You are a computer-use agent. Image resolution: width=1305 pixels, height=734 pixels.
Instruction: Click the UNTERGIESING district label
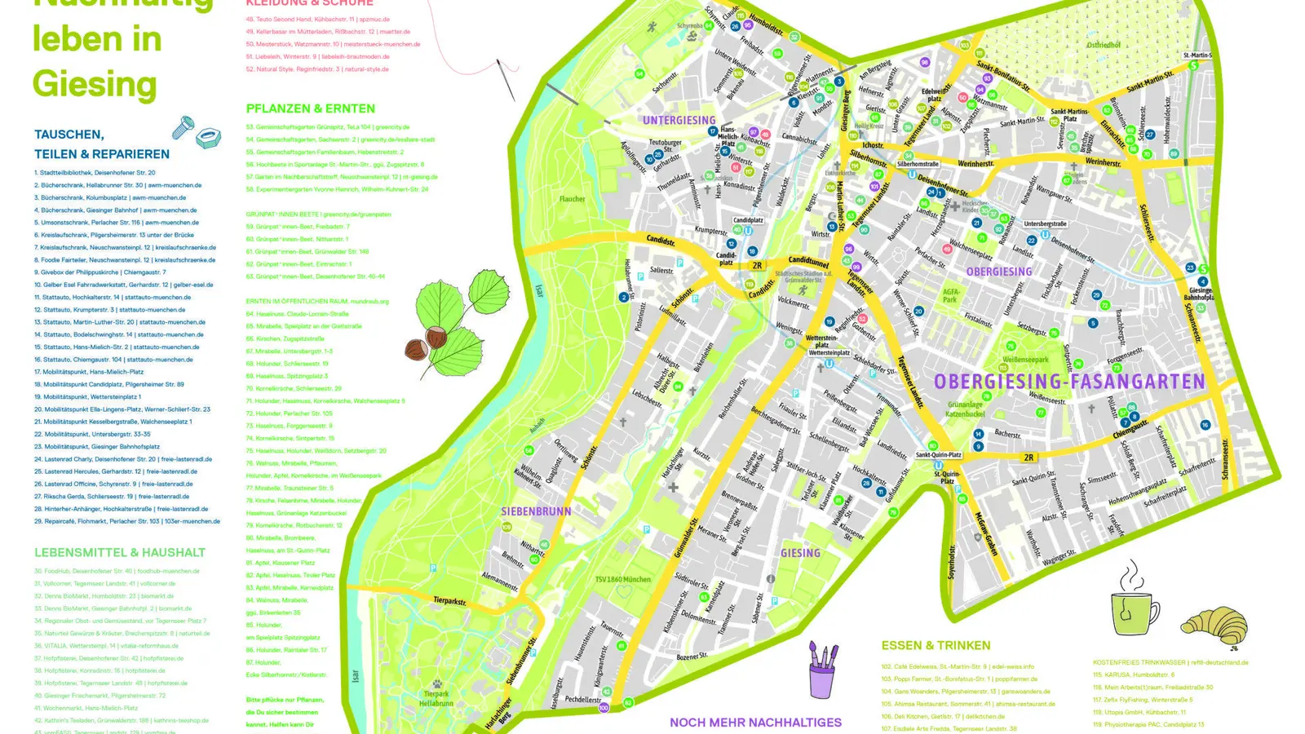click(679, 121)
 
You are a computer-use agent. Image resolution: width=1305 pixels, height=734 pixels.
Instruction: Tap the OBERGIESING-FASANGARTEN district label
click(1068, 382)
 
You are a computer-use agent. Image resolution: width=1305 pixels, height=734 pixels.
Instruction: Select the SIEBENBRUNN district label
click(536, 511)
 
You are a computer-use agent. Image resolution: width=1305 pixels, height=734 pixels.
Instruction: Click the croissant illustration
click(1214, 624)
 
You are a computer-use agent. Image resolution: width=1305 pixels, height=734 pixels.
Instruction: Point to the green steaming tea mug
click(1134, 608)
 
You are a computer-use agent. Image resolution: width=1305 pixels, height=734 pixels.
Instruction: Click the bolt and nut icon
click(197, 131)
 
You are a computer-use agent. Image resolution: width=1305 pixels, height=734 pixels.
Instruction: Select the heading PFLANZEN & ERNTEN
click(311, 108)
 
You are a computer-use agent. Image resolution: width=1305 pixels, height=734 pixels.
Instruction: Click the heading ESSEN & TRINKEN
click(936, 645)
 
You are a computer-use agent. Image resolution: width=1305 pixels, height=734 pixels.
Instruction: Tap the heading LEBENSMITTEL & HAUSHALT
click(120, 552)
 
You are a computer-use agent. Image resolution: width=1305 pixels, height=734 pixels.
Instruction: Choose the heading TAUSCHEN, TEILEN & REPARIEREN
click(101, 144)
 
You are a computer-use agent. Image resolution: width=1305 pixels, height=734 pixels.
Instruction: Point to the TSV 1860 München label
click(622, 579)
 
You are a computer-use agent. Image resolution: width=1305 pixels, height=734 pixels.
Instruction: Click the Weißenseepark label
click(1025, 360)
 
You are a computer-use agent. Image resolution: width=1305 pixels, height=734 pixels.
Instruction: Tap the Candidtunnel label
click(807, 262)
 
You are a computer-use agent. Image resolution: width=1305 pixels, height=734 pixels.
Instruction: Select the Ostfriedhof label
click(1103, 46)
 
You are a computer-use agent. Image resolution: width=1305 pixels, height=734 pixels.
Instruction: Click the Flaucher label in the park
click(572, 199)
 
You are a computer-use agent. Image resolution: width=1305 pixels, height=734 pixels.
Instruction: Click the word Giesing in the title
click(95, 84)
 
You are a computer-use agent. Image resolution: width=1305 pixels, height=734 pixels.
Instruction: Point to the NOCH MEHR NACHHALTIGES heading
click(755, 722)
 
